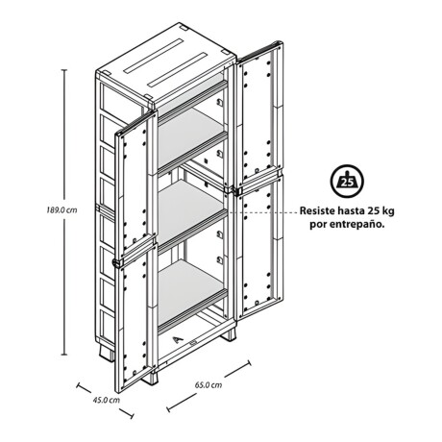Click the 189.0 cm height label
(x=61, y=210)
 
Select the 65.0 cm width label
(x=209, y=384)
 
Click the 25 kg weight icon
(x=347, y=181)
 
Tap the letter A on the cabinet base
(x=178, y=340)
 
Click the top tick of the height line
(x=64, y=69)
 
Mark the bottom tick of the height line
(x=64, y=355)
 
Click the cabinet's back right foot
(x=229, y=334)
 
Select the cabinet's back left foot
(x=107, y=353)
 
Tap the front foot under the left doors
(x=150, y=378)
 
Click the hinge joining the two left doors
(x=117, y=263)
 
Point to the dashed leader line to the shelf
(x=261, y=212)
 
